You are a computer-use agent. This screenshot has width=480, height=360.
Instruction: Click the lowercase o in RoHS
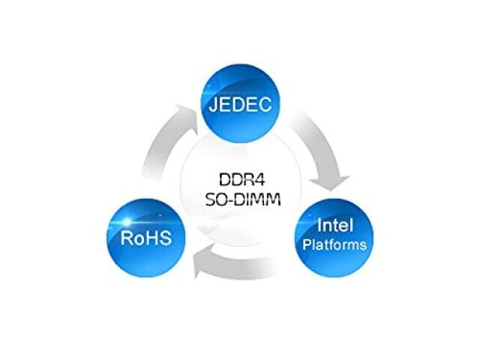[x=139, y=240]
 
